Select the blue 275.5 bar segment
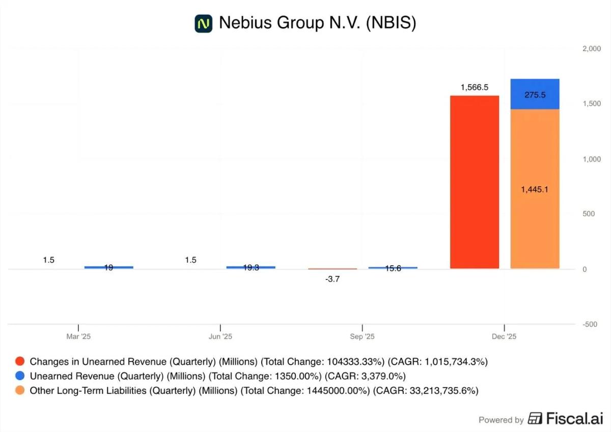point(535,94)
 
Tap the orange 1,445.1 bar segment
point(535,189)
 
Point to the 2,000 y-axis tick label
point(591,48)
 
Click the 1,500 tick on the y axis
point(591,104)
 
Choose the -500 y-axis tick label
point(591,324)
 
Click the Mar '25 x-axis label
point(78,337)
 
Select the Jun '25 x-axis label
point(220,337)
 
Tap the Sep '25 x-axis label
point(362,337)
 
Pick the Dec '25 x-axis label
point(504,337)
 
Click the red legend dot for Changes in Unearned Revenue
point(20,362)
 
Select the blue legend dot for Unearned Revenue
point(20,376)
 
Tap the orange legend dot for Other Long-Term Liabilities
point(20,391)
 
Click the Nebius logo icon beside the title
point(203,23)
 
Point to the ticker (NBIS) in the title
point(391,23)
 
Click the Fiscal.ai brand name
point(574,419)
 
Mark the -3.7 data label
point(332,279)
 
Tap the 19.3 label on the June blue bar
point(251,267)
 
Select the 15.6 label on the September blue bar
point(393,268)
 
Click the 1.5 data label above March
point(48,260)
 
